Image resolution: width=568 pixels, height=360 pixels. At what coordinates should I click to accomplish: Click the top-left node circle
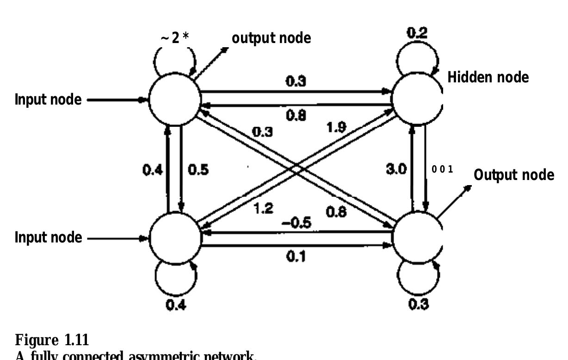click(174, 99)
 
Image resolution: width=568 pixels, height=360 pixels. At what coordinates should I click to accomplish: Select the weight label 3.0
click(396, 169)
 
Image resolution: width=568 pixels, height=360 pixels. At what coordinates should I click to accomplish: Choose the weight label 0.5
click(198, 169)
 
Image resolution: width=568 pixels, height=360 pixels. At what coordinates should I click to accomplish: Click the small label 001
click(442, 169)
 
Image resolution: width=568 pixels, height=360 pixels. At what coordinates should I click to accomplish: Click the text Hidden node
click(488, 78)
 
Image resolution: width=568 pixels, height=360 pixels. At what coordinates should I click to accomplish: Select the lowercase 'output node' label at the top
click(271, 38)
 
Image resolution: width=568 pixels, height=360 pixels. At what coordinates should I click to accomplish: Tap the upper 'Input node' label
click(49, 99)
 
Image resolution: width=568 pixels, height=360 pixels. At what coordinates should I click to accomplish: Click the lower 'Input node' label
click(49, 238)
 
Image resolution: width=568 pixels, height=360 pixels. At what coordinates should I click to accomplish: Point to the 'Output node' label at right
click(514, 175)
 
